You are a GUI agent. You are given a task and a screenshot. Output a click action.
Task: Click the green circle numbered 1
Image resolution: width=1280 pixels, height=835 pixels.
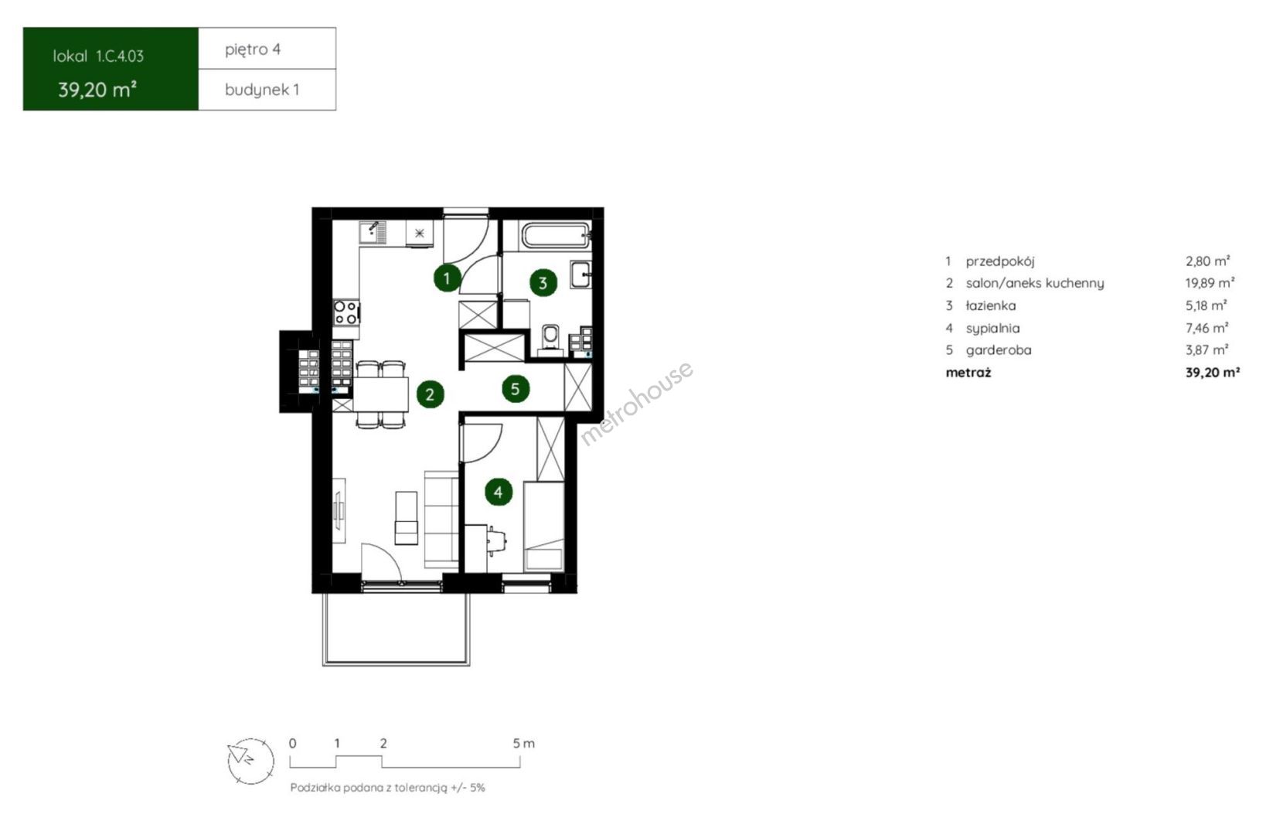[x=447, y=278]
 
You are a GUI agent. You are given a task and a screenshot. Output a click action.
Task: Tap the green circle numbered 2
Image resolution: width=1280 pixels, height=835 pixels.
[x=430, y=394]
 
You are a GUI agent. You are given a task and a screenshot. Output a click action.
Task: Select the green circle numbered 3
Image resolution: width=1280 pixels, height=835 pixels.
[x=543, y=282]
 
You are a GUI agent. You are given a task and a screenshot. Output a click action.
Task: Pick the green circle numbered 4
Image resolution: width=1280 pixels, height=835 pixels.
[x=499, y=492]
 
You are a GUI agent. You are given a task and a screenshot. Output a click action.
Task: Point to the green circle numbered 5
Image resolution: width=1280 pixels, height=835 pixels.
[x=515, y=389]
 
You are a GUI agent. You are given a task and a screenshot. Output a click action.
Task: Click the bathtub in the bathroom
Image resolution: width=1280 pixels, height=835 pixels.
[x=556, y=236]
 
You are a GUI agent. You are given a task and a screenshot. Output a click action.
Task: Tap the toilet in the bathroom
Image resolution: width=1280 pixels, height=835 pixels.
[x=550, y=339]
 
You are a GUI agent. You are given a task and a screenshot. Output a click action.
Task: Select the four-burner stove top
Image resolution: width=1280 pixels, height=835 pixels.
[x=346, y=312]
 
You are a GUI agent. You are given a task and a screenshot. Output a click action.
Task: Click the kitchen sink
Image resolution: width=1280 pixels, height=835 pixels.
[x=373, y=233]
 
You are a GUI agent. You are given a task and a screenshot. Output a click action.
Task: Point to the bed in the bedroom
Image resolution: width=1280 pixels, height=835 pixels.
[x=544, y=527]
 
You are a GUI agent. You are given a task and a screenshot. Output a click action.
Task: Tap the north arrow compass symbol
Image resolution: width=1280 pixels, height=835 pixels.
[x=250, y=761]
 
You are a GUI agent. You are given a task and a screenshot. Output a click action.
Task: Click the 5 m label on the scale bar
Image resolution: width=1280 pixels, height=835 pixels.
[x=523, y=744]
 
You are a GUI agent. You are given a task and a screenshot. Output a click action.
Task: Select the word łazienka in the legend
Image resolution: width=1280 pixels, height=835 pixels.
[x=991, y=305]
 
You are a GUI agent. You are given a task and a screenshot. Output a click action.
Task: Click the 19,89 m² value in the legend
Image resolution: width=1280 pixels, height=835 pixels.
[x=1210, y=283]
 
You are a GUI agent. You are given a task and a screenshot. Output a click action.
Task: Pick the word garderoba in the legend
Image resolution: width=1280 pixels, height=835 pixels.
[x=999, y=349]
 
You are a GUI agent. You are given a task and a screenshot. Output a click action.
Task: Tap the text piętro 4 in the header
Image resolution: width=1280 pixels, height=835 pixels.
[x=253, y=49]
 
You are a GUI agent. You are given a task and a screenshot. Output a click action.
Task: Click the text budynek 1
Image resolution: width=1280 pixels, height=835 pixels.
[x=262, y=90]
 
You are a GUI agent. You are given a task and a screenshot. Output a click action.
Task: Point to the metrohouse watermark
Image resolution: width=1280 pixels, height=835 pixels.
[x=637, y=402]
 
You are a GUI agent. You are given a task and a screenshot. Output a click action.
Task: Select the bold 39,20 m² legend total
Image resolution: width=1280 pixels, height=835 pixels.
[x=1213, y=373]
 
